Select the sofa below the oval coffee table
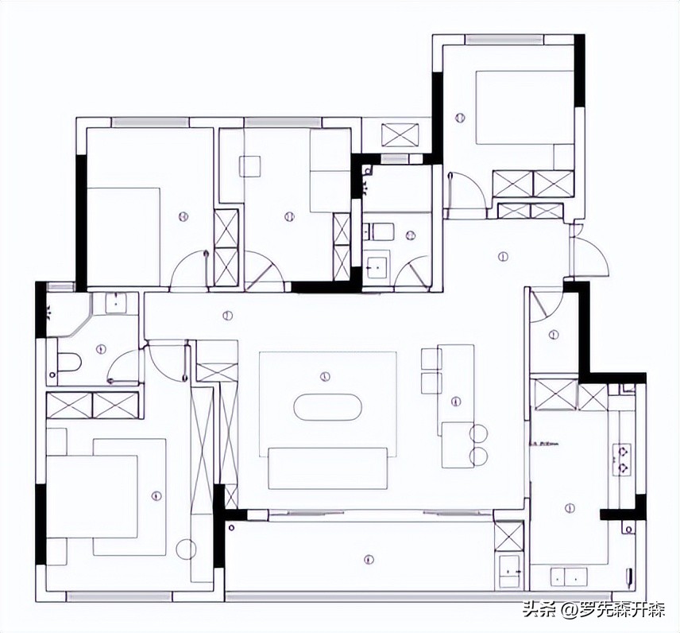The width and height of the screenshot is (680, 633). pyautogui.click(x=327, y=468)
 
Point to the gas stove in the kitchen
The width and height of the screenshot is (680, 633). pyautogui.click(x=623, y=460)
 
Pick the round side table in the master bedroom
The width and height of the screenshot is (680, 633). pyautogui.click(x=187, y=549)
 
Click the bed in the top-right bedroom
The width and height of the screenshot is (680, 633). pyautogui.click(x=524, y=107)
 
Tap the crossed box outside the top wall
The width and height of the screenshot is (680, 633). pyautogui.click(x=400, y=134)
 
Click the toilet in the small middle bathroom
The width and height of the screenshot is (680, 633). pyautogui.click(x=381, y=231)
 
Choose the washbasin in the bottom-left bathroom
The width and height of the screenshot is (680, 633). pyautogui.click(x=117, y=303)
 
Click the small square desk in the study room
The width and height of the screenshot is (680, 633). pyautogui.click(x=250, y=166)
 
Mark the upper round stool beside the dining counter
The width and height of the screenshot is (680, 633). pyautogui.click(x=479, y=433)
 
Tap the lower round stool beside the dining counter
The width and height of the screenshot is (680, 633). pyautogui.click(x=479, y=456)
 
